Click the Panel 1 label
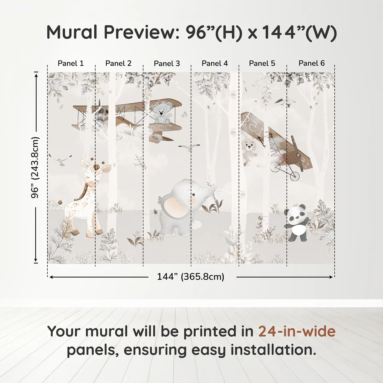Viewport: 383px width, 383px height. click(71, 63)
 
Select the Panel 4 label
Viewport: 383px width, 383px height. click(215, 63)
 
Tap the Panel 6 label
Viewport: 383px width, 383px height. click(312, 63)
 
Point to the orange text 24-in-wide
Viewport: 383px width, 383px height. click(297, 332)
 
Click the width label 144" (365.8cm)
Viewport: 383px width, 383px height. click(190, 277)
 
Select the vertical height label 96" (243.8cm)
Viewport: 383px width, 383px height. click(35, 167)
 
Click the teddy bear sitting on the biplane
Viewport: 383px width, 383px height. click(163, 112)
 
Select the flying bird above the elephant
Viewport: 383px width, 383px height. click(188, 148)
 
